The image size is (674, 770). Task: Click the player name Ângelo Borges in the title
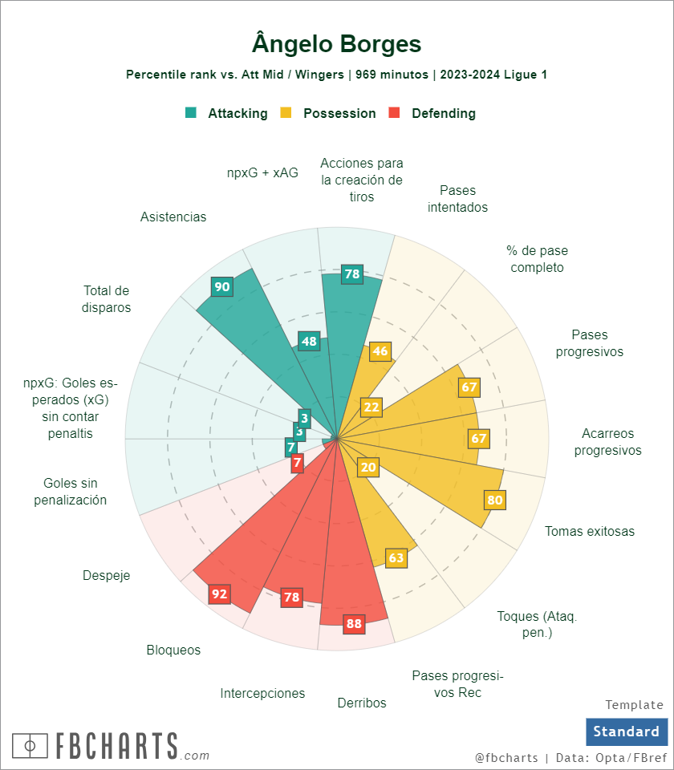tap(337, 43)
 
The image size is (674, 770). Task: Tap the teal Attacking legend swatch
tap(191, 113)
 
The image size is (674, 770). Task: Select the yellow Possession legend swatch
tap(286, 113)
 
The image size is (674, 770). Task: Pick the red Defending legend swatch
tap(394, 113)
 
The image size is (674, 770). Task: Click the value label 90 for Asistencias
tap(222, 286)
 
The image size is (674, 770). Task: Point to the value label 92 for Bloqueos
tap(219, 594)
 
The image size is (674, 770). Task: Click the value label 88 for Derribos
tap(353, 623)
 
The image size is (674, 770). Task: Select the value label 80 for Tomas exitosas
tap(495, 500)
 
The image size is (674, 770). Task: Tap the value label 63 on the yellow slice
tap(396, 557)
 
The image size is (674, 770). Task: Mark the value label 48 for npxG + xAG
tap(309, 342)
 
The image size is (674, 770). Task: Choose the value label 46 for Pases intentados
tap(380, 351)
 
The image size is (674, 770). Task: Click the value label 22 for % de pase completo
tap(372, 407)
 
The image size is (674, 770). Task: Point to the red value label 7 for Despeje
tap(298, 463)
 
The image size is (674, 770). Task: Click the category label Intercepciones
tap(262, 693)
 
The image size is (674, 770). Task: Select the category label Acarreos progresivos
tap(607, 442)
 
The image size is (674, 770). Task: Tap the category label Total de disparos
tap(107, 298)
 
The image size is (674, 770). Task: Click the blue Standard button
tap(626, 731)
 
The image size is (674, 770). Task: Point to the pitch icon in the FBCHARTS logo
tap(30, 745)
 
